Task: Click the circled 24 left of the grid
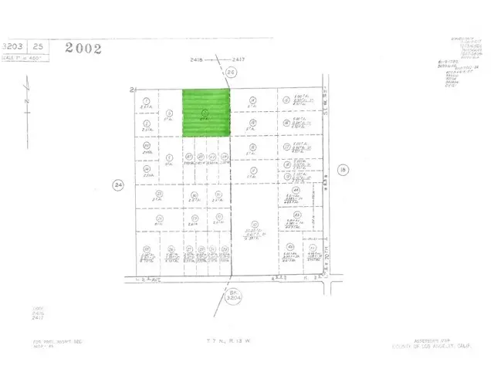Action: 118,185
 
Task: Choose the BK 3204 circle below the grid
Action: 233,295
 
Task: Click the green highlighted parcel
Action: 206,113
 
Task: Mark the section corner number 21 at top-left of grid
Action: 133,90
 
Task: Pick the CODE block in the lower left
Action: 39,312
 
